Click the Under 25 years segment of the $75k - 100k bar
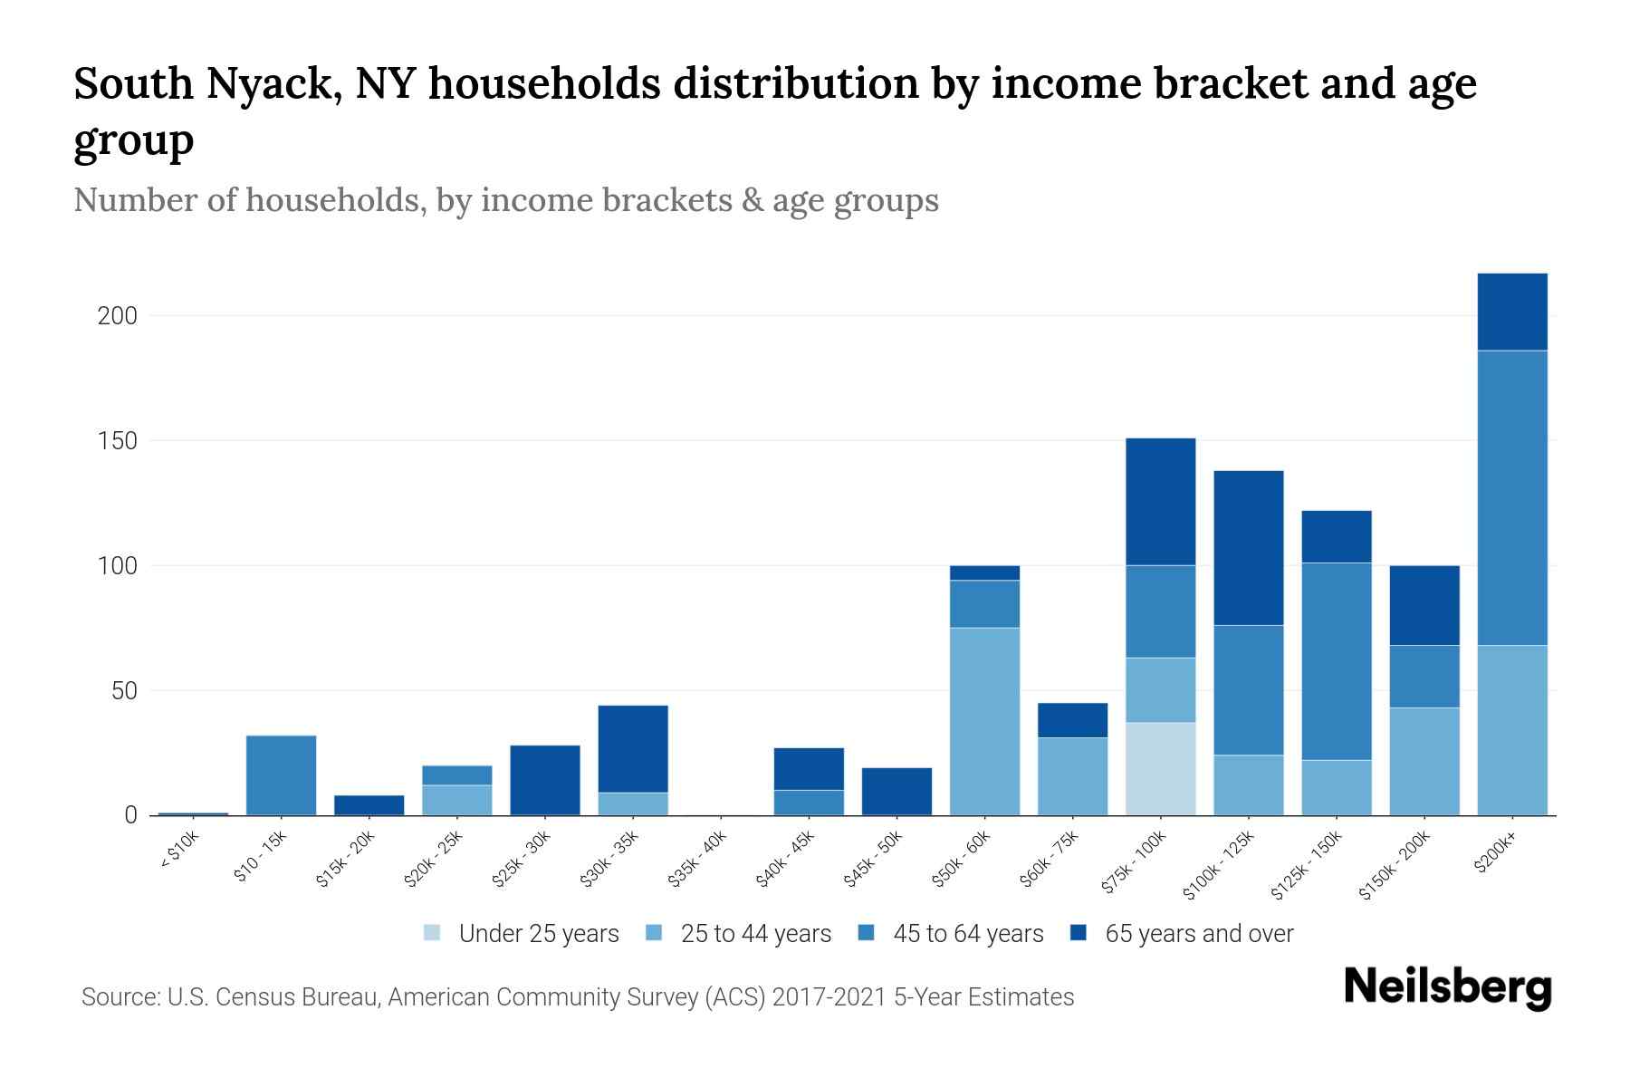click(1160, 768)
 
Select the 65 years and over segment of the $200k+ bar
click(1511, 312)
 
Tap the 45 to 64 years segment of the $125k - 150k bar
click(1336, 661)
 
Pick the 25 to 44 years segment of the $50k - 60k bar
click(984, 721)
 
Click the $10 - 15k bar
click(281, 775)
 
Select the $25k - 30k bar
click(544, 780)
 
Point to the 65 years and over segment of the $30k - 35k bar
click(633, 748)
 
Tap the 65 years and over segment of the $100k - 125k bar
click(1248, 548)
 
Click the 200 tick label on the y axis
click(117, 316)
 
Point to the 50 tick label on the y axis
click(124, 691)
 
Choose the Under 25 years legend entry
click(538, 934)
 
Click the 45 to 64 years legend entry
click(967, 934)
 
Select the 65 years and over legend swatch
click(1079, 933)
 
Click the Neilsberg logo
click(1447, 988)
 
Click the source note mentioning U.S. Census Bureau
click(577, 997)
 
